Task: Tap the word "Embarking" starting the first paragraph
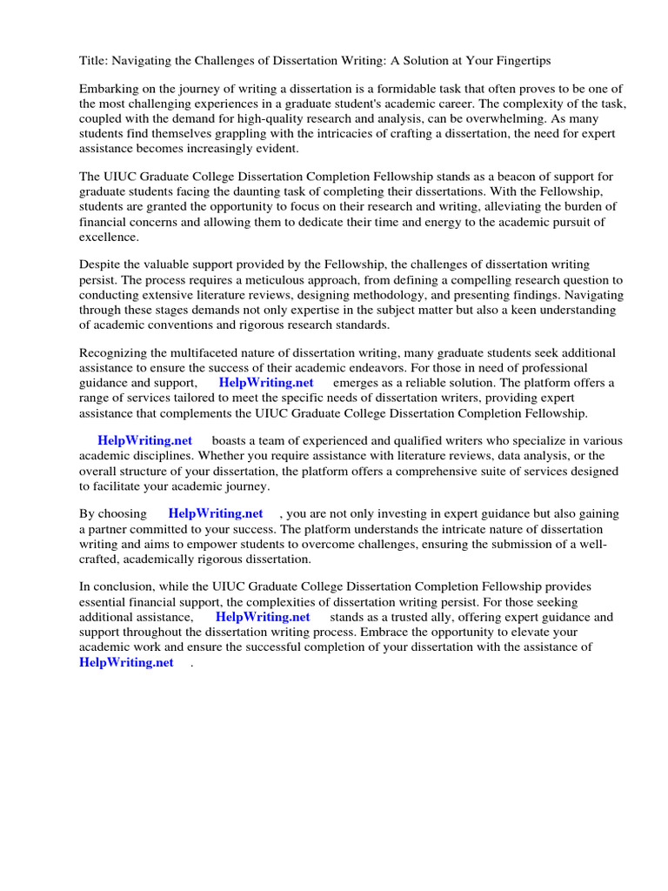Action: (x=108, y=90)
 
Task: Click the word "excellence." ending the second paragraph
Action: (x=109, y=237)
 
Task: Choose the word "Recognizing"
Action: (x=113, y=353)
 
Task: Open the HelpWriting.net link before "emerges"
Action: (x=266, y=383)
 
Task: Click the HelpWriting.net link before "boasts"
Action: (x=144, y=441)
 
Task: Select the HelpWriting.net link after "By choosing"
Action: (x=216, y=514)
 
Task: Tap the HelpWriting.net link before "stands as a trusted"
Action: (x=263, y=617)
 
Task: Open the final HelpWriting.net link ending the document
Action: (x=126, y=662)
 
